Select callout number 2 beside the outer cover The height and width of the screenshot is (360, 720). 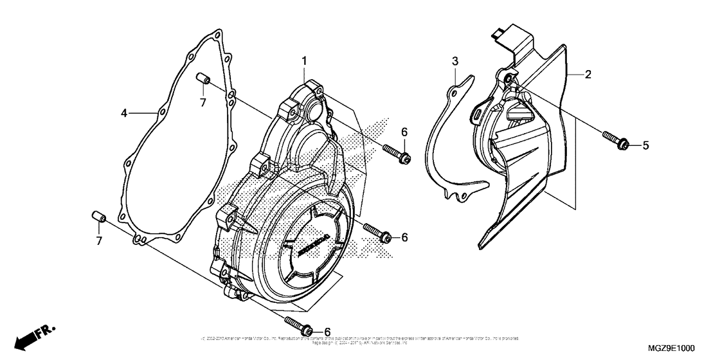588,74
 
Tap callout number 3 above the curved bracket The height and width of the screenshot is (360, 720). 455,61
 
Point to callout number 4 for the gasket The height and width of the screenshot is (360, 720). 124,114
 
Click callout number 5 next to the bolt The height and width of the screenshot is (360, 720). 645,146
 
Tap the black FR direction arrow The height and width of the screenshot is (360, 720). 26,338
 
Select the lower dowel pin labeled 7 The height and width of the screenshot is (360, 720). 99,215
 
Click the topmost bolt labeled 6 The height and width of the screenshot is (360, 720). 396,152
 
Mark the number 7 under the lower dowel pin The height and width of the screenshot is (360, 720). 99,241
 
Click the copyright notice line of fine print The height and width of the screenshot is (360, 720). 360,338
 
